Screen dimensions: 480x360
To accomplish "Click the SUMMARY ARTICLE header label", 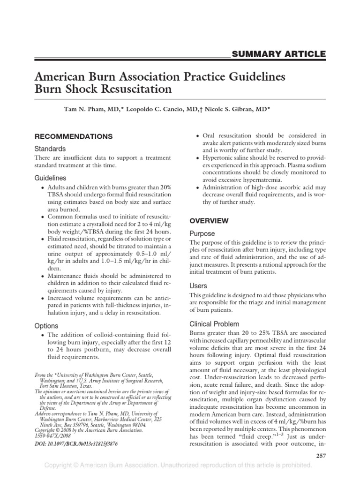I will (x=278, y=54).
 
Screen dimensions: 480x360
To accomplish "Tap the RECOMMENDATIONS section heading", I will (x=74, y=136).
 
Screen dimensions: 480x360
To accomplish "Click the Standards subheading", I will (x=50, y=149).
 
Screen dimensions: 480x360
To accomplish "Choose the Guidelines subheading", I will (x=51, y=178).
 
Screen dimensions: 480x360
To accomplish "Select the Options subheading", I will (x=47, y=325).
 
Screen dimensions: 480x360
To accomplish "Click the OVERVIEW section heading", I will (x=209, y=220).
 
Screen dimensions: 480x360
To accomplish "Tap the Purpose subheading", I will (x=202, y=233).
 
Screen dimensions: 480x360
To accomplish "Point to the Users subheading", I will (x=198, y=285).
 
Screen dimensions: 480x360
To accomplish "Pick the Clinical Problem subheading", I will (x=214, y=324).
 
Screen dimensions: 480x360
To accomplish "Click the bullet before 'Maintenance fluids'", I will (x=44, y=277).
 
